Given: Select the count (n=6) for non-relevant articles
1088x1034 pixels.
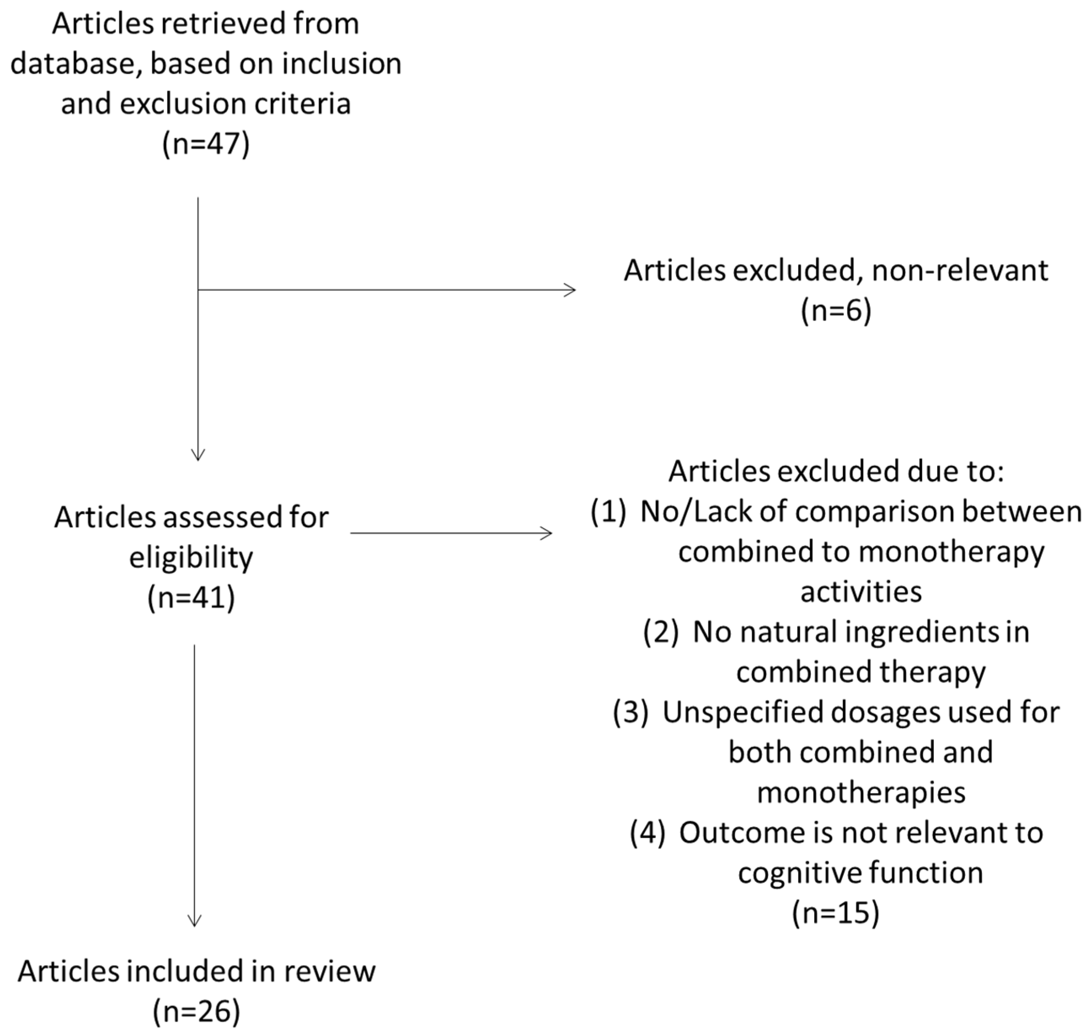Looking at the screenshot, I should click(x=836, y=311).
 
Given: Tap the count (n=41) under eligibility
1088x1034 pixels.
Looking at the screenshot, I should click(x=191, y=597).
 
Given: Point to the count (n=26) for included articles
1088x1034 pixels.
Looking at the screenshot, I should click(x=196, y=1011).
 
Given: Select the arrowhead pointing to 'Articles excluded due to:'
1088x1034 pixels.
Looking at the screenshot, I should click(x=547, y=533).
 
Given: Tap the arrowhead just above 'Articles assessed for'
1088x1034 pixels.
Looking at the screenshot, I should click(x=198, y=455).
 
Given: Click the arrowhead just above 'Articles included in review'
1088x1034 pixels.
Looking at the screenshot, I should click(x=195, y=921).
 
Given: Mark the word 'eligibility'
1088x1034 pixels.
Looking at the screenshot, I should click(x=191, y=557).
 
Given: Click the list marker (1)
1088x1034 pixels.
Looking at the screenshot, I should click(x=608, y=511).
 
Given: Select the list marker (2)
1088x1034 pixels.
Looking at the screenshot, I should click(x=660, y=631).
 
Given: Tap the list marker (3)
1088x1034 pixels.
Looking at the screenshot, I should click(x=630, y=712).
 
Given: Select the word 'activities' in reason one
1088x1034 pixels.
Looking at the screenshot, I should click(x=861, y=592).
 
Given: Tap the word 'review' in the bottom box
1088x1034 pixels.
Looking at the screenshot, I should click(x=329, y=971).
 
